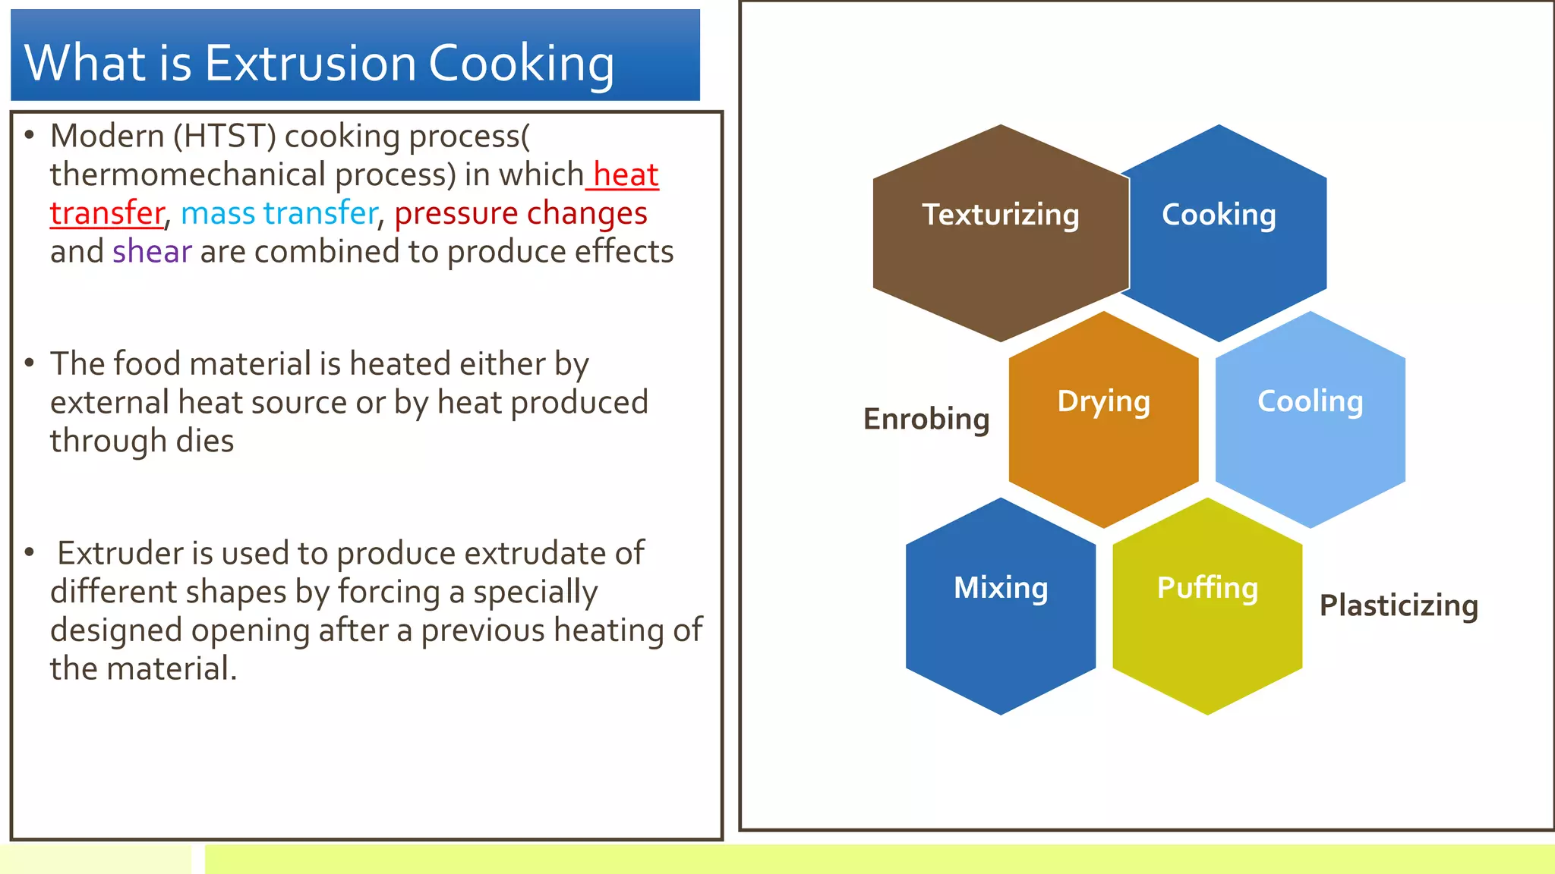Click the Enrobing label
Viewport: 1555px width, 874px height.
pyautogui.click(x=926, y=419)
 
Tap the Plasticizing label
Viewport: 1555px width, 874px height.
pyautogui.click(x=1399, y=605)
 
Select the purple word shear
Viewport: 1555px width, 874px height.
pyautogui.click(x=152, y=252)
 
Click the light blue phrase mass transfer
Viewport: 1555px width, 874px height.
pyautogui.click(x=279, y=213)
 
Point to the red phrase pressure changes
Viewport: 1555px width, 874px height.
pyautogui.click(x=521, y=213)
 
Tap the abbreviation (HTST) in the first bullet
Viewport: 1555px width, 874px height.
pyautogui.click(x=225, y=137)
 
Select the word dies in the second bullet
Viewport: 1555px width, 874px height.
pyautogui.click(x=205, y=441)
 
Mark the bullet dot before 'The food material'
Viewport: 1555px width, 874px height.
pyautogui.click(x=30, y=363)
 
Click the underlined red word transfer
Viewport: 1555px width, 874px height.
pyautogui.click(x=107, y=213)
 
